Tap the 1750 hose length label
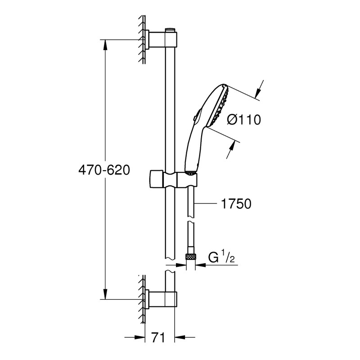pyautogui.click(x=236, y=204)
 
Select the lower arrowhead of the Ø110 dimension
pyautogui.click(x=231, y=147)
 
